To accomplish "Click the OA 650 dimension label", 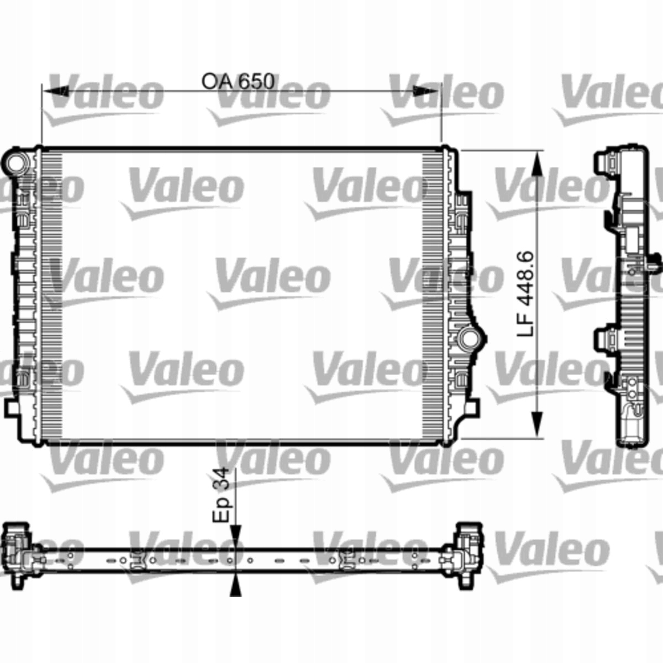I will pyautogui.click(x=238, y=82).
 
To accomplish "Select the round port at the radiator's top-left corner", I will pyautogui.click(x=16, y=162).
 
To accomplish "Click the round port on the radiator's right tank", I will pyautogui.click(x=469, y=337).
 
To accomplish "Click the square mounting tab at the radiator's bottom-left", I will pyautogui.click(x=12, y=408).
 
